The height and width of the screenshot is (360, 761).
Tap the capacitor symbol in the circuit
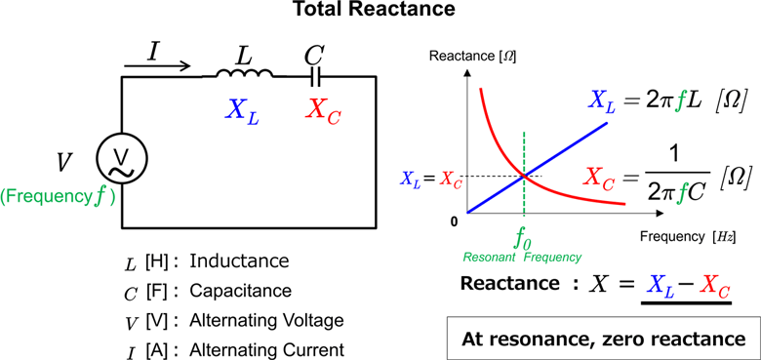[x=314, y=73]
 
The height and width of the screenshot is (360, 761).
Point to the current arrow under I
[x=157, y=65]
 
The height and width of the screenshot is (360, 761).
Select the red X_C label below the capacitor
[x=323, y=109]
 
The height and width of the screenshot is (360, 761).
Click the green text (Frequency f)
[x=59, y=195]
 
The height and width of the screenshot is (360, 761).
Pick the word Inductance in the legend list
[x=239, y=261]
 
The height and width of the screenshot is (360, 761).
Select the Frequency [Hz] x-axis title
[x=687, y=237]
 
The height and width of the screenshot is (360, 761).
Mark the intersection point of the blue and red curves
[x=525, y=177]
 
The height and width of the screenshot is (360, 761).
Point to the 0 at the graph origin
[x=455, y=221]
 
